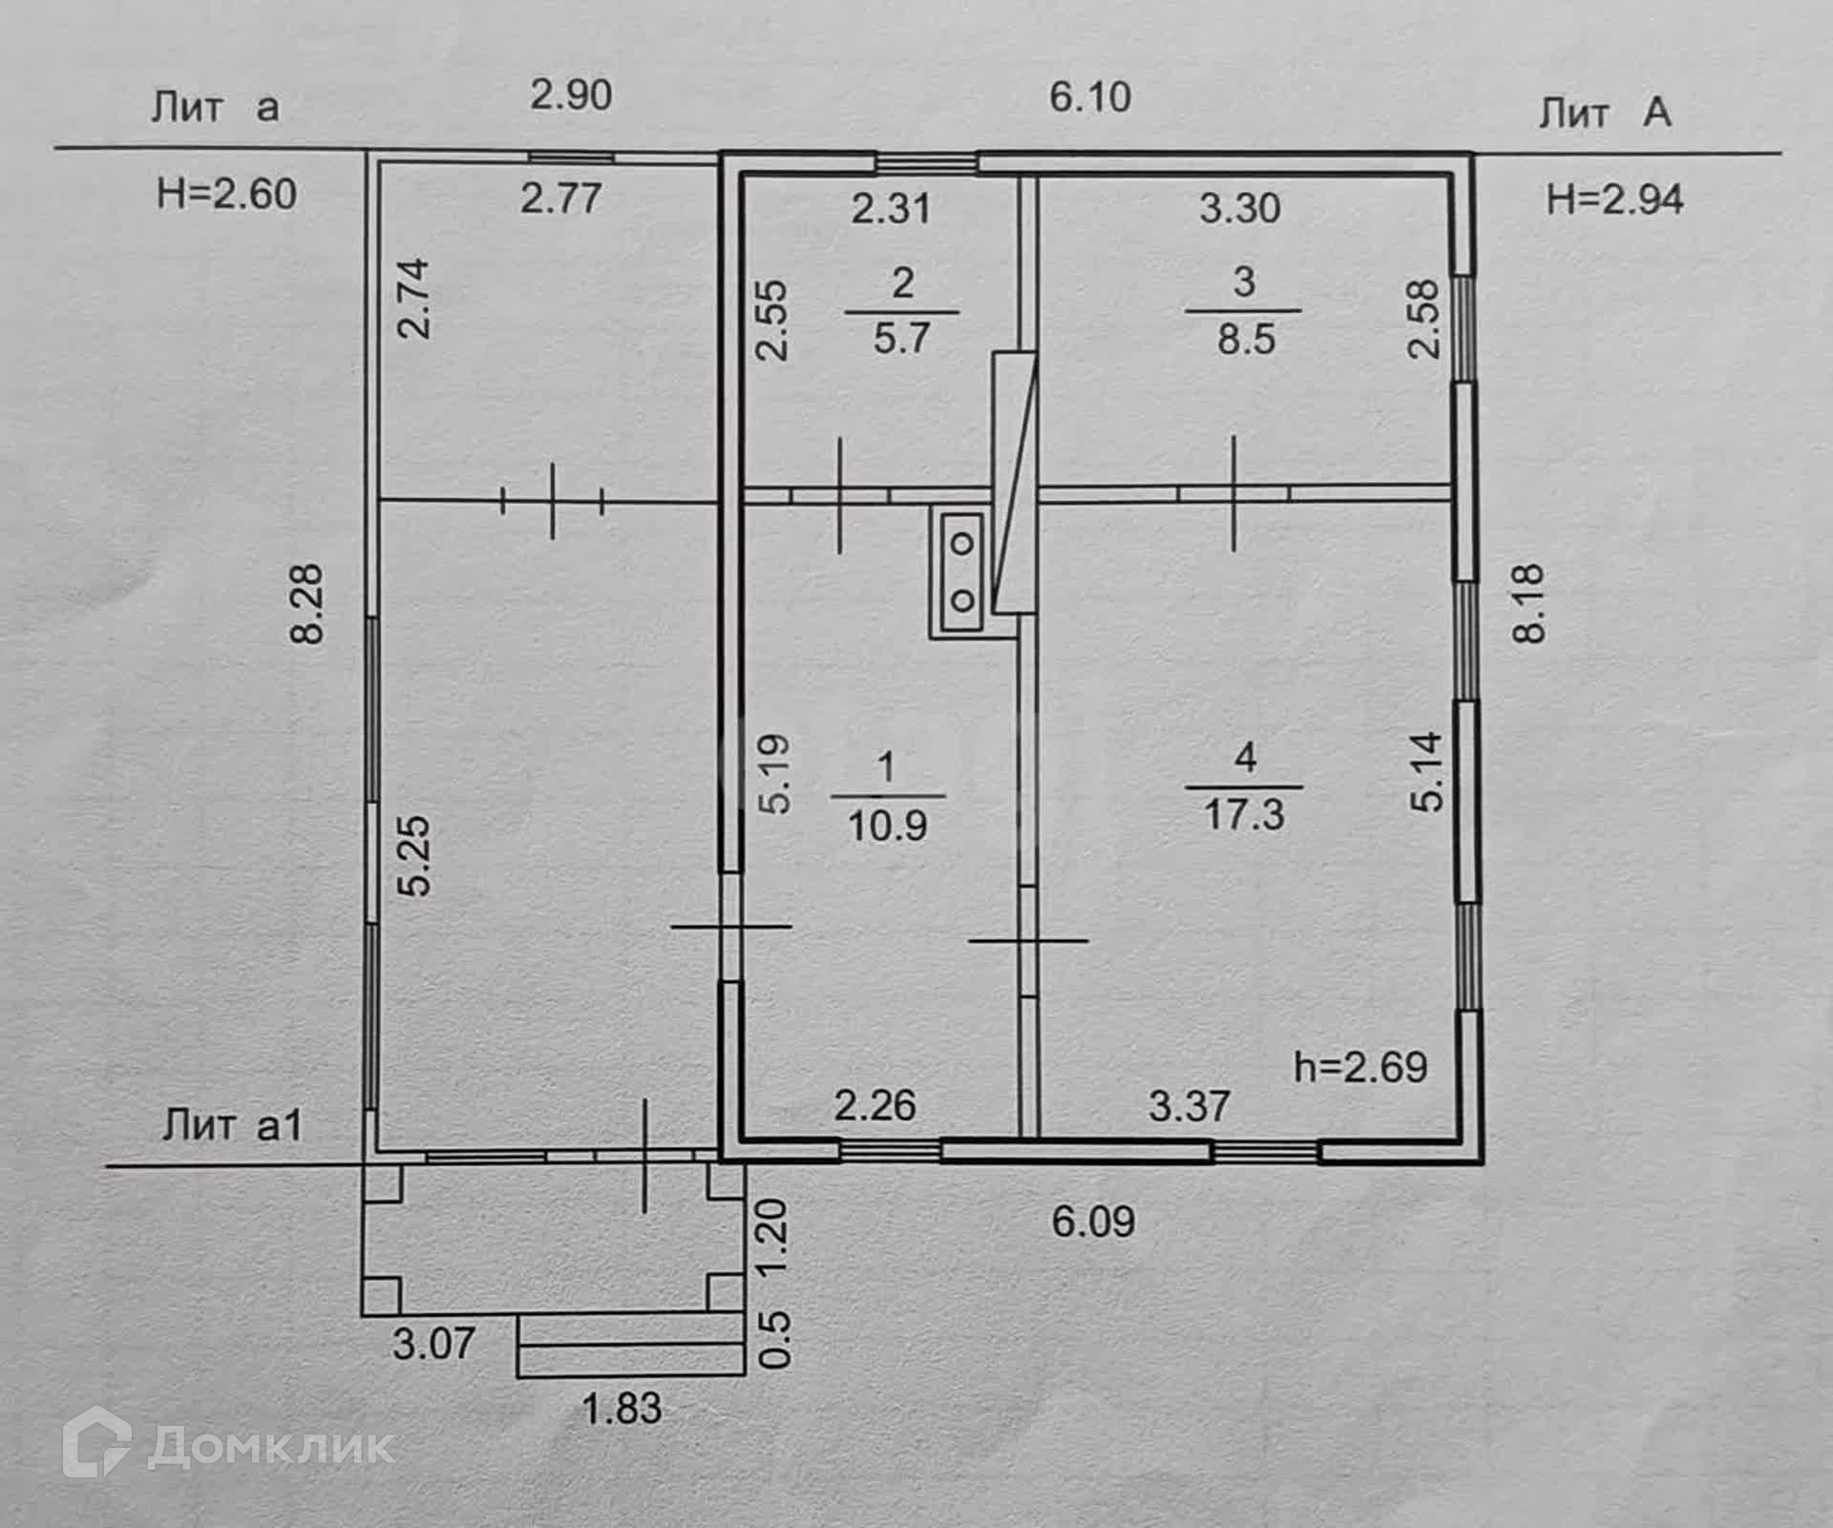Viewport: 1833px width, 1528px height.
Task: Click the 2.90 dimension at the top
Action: click(x=571, y=96)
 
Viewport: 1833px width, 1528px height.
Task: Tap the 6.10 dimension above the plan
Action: click(x=1090, y=97)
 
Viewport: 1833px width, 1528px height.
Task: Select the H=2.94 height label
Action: click(x=1614, y=199)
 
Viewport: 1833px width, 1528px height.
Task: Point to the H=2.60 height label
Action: click(x=226, y=195)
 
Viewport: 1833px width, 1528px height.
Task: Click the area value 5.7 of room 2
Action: click(x=901, y=339)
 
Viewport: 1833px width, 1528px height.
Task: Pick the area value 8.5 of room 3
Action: click(x=1246, y=339)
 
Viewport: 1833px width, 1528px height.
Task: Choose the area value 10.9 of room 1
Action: click(x=887, y=825)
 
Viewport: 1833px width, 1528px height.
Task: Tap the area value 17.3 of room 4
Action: click(x=1245, y=816)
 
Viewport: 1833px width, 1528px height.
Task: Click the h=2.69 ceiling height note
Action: click(x=1360, y=1067)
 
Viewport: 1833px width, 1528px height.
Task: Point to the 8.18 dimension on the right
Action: click(x=1529, y=603)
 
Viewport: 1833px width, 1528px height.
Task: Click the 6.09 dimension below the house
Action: click(x=1093, y=1222)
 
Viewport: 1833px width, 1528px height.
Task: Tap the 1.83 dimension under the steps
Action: click(x=622, y=1408)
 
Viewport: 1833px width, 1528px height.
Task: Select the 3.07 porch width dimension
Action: click(x=433, y=1344)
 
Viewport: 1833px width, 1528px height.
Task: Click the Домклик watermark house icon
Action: click(x=96, y=1445)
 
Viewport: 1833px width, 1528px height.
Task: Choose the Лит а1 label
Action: click(x=232, y=1125)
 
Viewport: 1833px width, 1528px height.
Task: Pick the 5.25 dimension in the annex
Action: click(x=417, y=855)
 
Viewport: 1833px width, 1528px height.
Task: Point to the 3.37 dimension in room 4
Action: click(x=1189, y=1106)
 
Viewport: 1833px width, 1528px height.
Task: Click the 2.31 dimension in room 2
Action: click(x=891, y=208)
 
